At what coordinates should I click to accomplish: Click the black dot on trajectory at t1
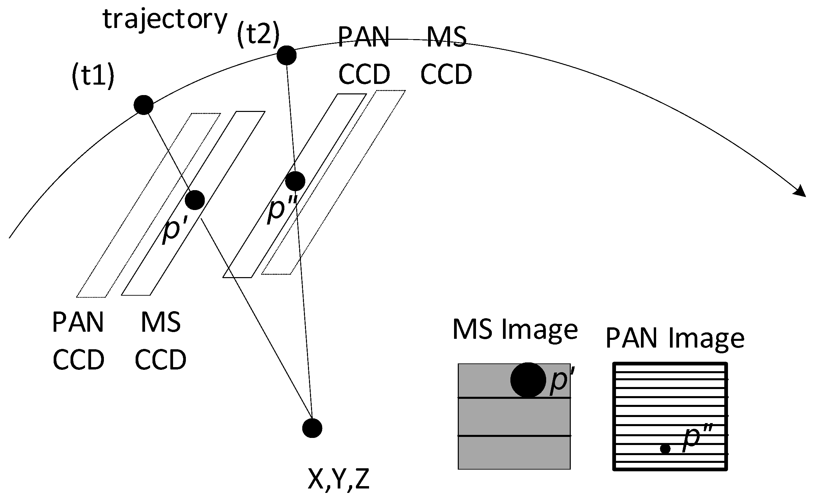144,105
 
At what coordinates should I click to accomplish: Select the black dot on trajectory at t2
286,55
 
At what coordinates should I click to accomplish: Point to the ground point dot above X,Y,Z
312,428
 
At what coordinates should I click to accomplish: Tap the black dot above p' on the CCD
195,200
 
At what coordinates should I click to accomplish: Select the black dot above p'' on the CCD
295,181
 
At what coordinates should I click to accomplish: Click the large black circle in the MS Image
528,380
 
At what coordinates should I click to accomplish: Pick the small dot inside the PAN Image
665,449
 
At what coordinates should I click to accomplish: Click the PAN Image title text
675,338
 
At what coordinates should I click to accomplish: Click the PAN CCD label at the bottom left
78,340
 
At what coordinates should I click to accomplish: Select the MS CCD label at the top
446,56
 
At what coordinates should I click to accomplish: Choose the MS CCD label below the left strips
160,340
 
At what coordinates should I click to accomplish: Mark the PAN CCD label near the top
364,56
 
